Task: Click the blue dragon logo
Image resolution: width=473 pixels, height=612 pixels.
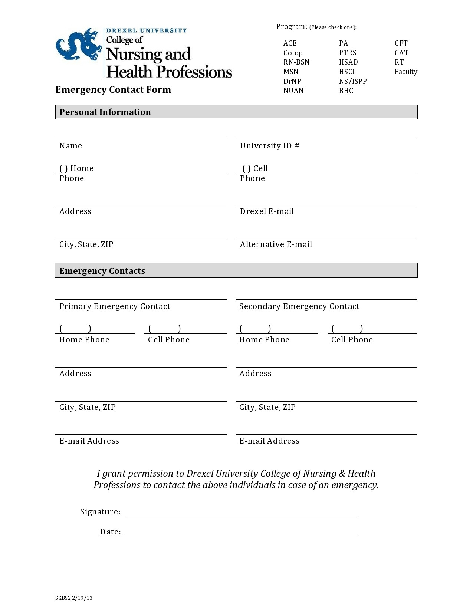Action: (79, 44)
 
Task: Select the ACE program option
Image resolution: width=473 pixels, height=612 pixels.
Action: (290, 43)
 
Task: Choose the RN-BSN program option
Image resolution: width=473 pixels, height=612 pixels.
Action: (296, 62)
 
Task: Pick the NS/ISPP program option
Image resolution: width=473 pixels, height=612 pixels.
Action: (352, 82)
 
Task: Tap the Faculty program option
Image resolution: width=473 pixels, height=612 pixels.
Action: (406, 72)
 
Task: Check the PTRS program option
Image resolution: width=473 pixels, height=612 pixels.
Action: (348, 53)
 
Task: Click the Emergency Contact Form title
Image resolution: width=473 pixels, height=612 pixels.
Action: (113, 90)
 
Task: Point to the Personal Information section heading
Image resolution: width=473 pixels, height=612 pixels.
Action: (105, 112)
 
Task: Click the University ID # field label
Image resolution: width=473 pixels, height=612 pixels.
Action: (269, 146)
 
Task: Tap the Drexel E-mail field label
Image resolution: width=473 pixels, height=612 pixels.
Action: (267, 211)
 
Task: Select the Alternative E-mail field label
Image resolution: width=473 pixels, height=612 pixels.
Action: (276, 244)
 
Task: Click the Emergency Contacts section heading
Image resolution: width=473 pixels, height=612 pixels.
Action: (102, 271)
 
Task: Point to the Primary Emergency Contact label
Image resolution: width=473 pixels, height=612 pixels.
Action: (115, 306)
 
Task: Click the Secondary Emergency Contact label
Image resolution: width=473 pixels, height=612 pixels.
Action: (299, 306)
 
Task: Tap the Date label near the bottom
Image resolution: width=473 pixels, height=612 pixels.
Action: (111, 532)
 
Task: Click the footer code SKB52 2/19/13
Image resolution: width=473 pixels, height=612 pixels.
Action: (74, 598)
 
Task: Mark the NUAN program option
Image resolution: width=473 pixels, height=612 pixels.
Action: (293, 91)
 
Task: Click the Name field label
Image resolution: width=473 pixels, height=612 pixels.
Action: (70, 146)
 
